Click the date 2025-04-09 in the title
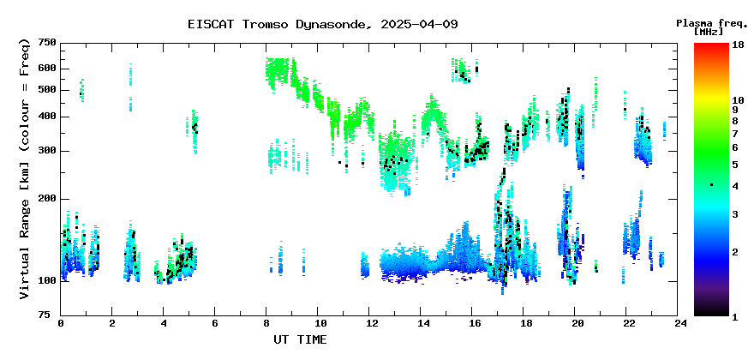[419, 24]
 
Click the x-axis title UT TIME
[300, 339]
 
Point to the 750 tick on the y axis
[48, 44]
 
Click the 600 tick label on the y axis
[48, 69]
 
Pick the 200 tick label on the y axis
[48, 199]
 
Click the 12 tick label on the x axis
[368, 324]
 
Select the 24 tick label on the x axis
[678, 324]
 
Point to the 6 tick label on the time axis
[214, 324]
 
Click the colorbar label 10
[738, 100]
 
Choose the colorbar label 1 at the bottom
[735, 317]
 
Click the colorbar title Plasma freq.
[712, 23]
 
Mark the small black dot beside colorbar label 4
[712, 185]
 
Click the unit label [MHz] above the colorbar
[709, 33]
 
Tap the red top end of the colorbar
[711, 45]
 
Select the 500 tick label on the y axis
[48, 90]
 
